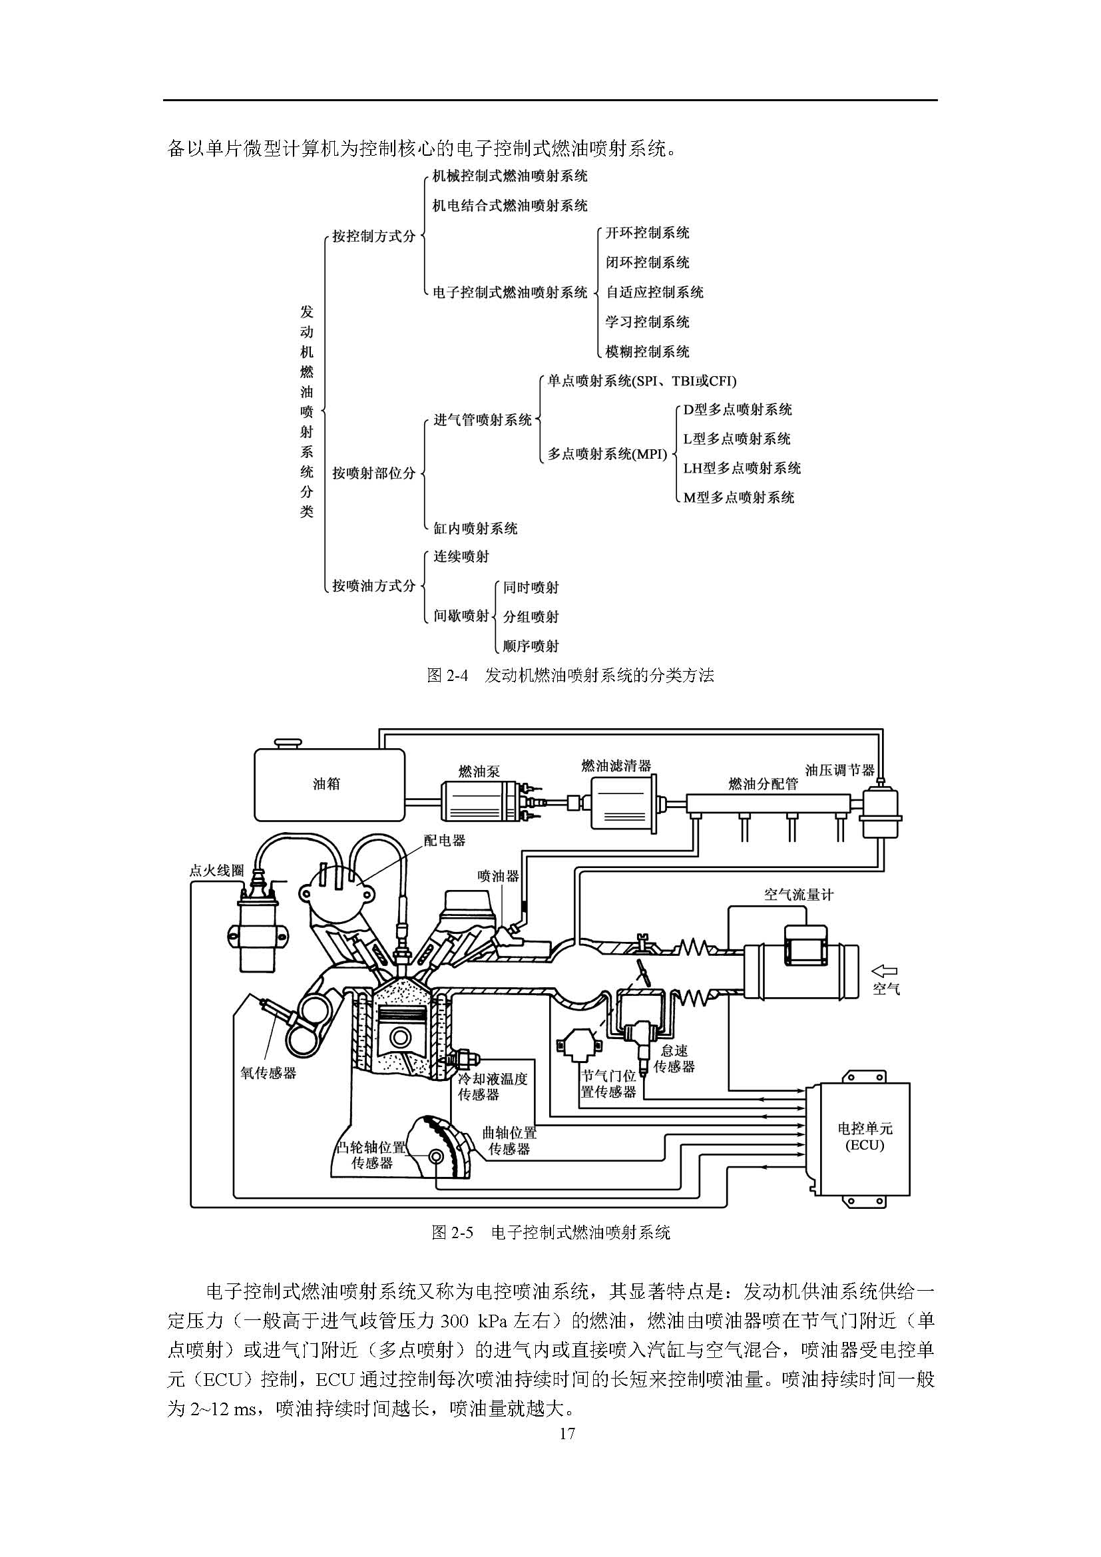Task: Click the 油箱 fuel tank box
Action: (329, 784)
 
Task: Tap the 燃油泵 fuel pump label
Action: (479, 771)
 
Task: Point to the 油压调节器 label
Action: (840, 770)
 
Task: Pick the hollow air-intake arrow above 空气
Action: (885, 971)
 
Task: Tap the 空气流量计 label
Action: (799, 895)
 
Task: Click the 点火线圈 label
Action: (216, 870)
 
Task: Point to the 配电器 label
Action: (445, 840)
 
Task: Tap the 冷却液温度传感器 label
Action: (493, 1086)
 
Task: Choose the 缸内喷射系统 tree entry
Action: (475, 529)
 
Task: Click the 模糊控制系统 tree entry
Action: (648, 351)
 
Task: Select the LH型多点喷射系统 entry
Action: (742, 468)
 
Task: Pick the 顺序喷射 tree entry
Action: (531, 646)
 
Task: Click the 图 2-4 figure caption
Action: (570, 675)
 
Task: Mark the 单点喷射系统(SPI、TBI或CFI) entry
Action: (642, 381)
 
